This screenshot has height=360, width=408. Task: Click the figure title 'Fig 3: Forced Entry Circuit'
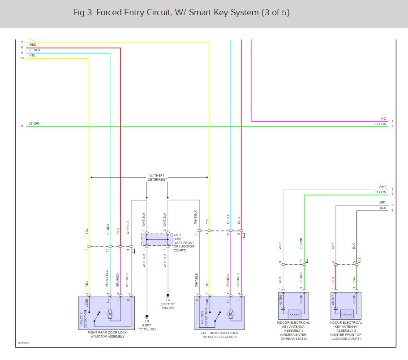pos(181,13)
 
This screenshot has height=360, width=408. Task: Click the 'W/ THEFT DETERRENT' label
pos(158,178)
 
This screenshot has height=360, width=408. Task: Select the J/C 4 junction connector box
pos(157,239)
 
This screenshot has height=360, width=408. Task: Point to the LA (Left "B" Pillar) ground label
pos(168,303)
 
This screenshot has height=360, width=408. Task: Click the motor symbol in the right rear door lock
pos(110,314)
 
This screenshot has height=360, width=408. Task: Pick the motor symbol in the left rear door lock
pos(231,314)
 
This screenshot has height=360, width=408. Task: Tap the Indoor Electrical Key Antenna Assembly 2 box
pos(293,305)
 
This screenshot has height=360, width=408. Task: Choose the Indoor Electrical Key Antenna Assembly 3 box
pos(346,305)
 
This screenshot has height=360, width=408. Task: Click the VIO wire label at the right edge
pos(383,119)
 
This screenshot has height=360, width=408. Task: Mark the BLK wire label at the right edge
pos(382,208)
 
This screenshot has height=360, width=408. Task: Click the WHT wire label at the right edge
pos(382,187)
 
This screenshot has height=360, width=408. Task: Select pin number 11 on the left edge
pos(21,126)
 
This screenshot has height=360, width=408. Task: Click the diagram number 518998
pos(23,344)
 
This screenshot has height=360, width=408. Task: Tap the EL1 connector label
pos(307,260)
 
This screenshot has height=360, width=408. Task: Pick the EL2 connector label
pos(359,260)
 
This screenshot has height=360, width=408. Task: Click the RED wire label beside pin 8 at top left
pos(33,45)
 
